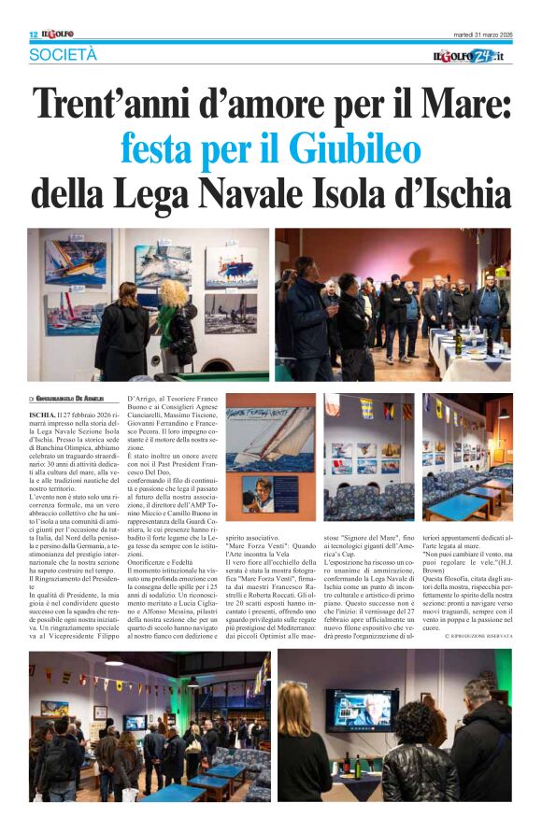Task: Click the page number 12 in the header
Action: tap(34, 35)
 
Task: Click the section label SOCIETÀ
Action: tap(63, 55)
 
